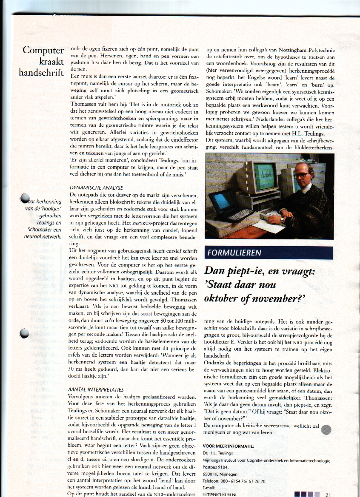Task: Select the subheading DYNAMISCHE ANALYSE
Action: coord(96,187)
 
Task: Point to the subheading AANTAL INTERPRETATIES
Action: coord(96,389)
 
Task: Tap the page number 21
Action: coord(328,494)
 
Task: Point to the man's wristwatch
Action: coord(281,219)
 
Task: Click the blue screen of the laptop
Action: coord(223,200)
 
